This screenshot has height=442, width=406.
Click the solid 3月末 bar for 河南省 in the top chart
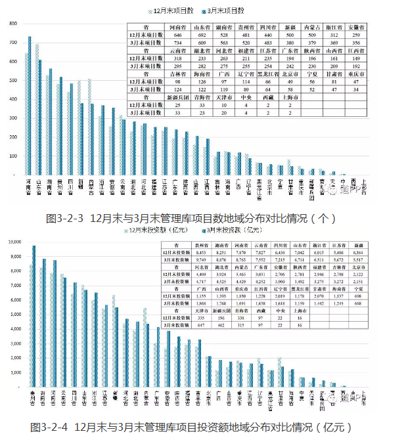coord(30,105)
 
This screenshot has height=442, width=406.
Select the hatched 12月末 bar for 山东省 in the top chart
coord(36,112)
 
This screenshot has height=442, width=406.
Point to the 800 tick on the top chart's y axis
coord(13,24)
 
